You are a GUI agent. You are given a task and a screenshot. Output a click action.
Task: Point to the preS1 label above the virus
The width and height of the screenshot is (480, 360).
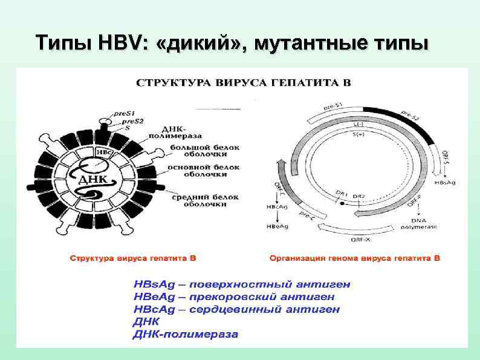(x=125, y=113)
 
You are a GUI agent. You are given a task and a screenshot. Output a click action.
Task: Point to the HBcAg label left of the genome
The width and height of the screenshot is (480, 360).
(x=270, y=207)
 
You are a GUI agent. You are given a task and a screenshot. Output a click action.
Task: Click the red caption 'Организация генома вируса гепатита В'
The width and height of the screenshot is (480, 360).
(x=355, y=258)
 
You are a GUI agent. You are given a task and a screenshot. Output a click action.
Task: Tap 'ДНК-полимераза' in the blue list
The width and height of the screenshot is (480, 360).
(x=186, y=334)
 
